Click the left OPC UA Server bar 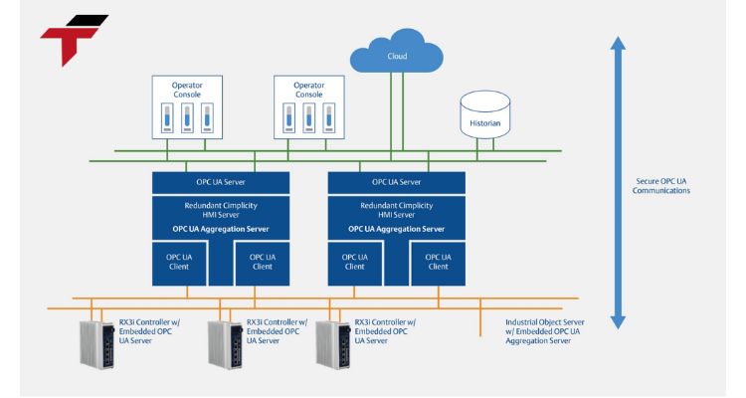[x=221, y=183]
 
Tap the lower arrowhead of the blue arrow [x=618, y=320]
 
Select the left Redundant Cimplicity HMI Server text [x=221, y=209]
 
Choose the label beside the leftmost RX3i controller [x=142, y=331]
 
